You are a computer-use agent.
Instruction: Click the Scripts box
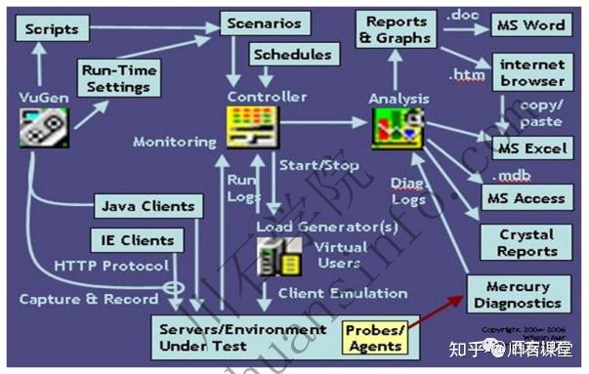click(x=52, y=29)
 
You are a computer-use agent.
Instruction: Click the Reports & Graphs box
click(x=395, y=29)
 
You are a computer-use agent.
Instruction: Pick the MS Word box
click(x=530, y=23)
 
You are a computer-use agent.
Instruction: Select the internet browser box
click(x=532, y=73)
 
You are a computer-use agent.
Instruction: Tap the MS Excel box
click(x=531, y=148)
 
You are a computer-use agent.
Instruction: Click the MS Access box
click(x=526, y=197)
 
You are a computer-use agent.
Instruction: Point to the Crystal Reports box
click(x=527, y=242)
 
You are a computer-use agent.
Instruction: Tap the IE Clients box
click(x=138, y=239)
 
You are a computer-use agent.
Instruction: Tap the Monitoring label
click(x=175, y=142)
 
